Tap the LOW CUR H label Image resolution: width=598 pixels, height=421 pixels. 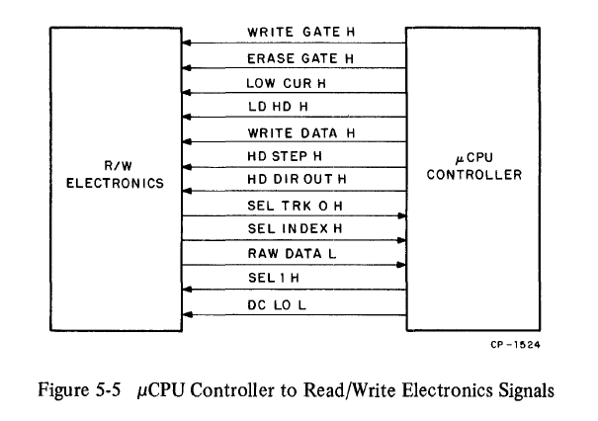[280, 82]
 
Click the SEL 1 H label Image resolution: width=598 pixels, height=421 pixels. [269, 279]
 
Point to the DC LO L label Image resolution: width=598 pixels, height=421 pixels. [275, 303]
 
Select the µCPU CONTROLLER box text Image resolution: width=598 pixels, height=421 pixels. [475, 167]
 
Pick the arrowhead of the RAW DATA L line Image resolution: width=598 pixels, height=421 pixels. [401, 265]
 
